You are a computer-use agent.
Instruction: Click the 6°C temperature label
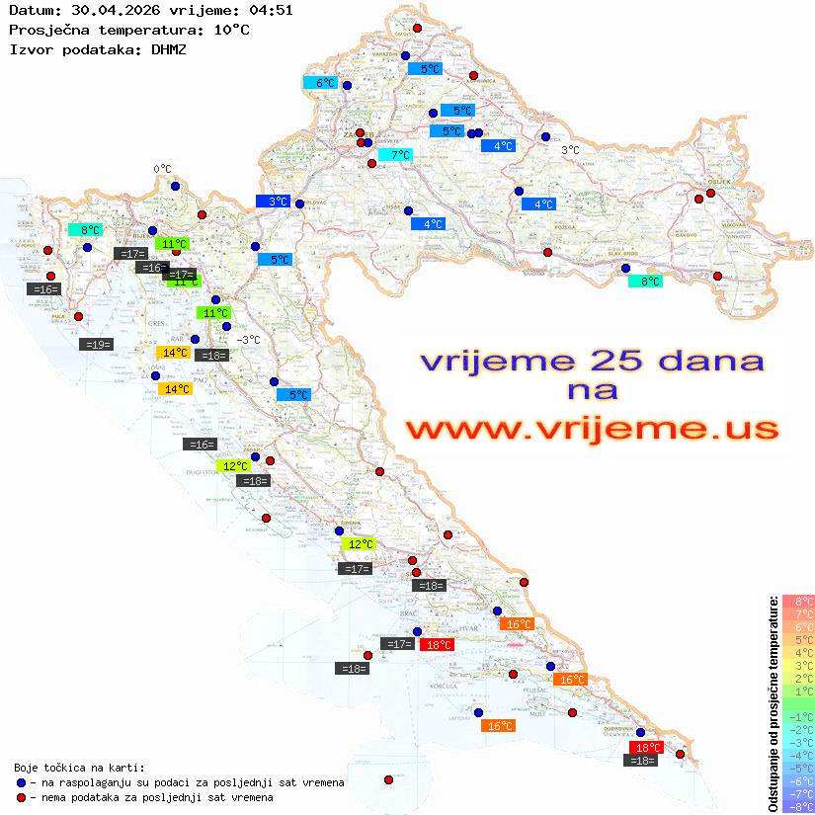(x=325, y=83)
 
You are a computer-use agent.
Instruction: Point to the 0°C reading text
(x=162, y=169)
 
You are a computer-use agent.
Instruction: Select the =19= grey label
(x=97, y=345)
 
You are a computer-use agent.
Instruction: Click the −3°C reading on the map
(x=248, y=340)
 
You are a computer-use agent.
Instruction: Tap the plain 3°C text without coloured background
(x=570, y=150)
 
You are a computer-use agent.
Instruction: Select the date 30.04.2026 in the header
(x=109, y=10)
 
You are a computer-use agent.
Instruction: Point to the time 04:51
(x=271, y=10)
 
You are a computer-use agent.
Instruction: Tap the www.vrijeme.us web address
(x=590, y=430)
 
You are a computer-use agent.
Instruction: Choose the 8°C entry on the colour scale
(x=798, y=601)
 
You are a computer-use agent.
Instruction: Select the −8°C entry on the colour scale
(x=798, y=806)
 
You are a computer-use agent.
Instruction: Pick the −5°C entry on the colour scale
(x=798, y=768)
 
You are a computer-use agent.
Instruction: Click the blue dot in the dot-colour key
(x=21, y=782)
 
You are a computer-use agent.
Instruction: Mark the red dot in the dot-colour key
(x=21, y=797)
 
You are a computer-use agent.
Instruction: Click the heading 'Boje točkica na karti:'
(x=79, y=768)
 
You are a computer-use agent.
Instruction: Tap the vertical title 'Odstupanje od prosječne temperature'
(x=773, y=703)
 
